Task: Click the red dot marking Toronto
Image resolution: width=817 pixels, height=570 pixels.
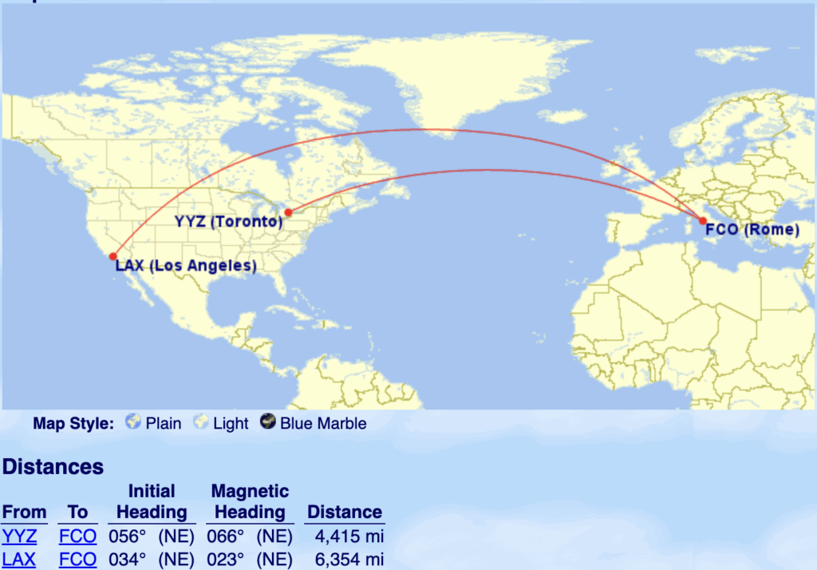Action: click(288, 212)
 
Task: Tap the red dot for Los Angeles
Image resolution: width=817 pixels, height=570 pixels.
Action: click(113, 256)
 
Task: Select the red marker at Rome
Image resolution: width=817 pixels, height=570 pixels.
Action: click(703, 221)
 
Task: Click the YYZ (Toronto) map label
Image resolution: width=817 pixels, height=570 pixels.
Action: click(229, 221)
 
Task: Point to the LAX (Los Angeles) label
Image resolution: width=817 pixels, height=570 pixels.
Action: click(186, 266)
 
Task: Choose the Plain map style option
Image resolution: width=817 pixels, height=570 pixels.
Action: click(154, 423)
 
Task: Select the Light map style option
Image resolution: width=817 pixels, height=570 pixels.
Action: click(223, 423)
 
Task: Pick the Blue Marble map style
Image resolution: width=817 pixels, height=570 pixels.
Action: click(314, 423)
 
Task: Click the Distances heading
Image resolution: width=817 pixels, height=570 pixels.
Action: click(53, 466)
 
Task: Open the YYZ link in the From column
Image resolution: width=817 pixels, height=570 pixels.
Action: click(19, 536)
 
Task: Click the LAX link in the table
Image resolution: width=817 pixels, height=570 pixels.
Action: click(19, 560)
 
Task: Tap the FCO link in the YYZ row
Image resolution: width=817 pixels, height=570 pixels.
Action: click(77, 536)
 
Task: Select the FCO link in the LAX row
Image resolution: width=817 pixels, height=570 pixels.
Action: click(77, 560)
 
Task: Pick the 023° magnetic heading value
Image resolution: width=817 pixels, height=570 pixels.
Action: click(223, 560)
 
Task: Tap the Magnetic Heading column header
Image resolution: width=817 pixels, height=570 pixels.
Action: click(250, 501)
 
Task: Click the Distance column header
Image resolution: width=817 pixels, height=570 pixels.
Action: click(345, 512)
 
